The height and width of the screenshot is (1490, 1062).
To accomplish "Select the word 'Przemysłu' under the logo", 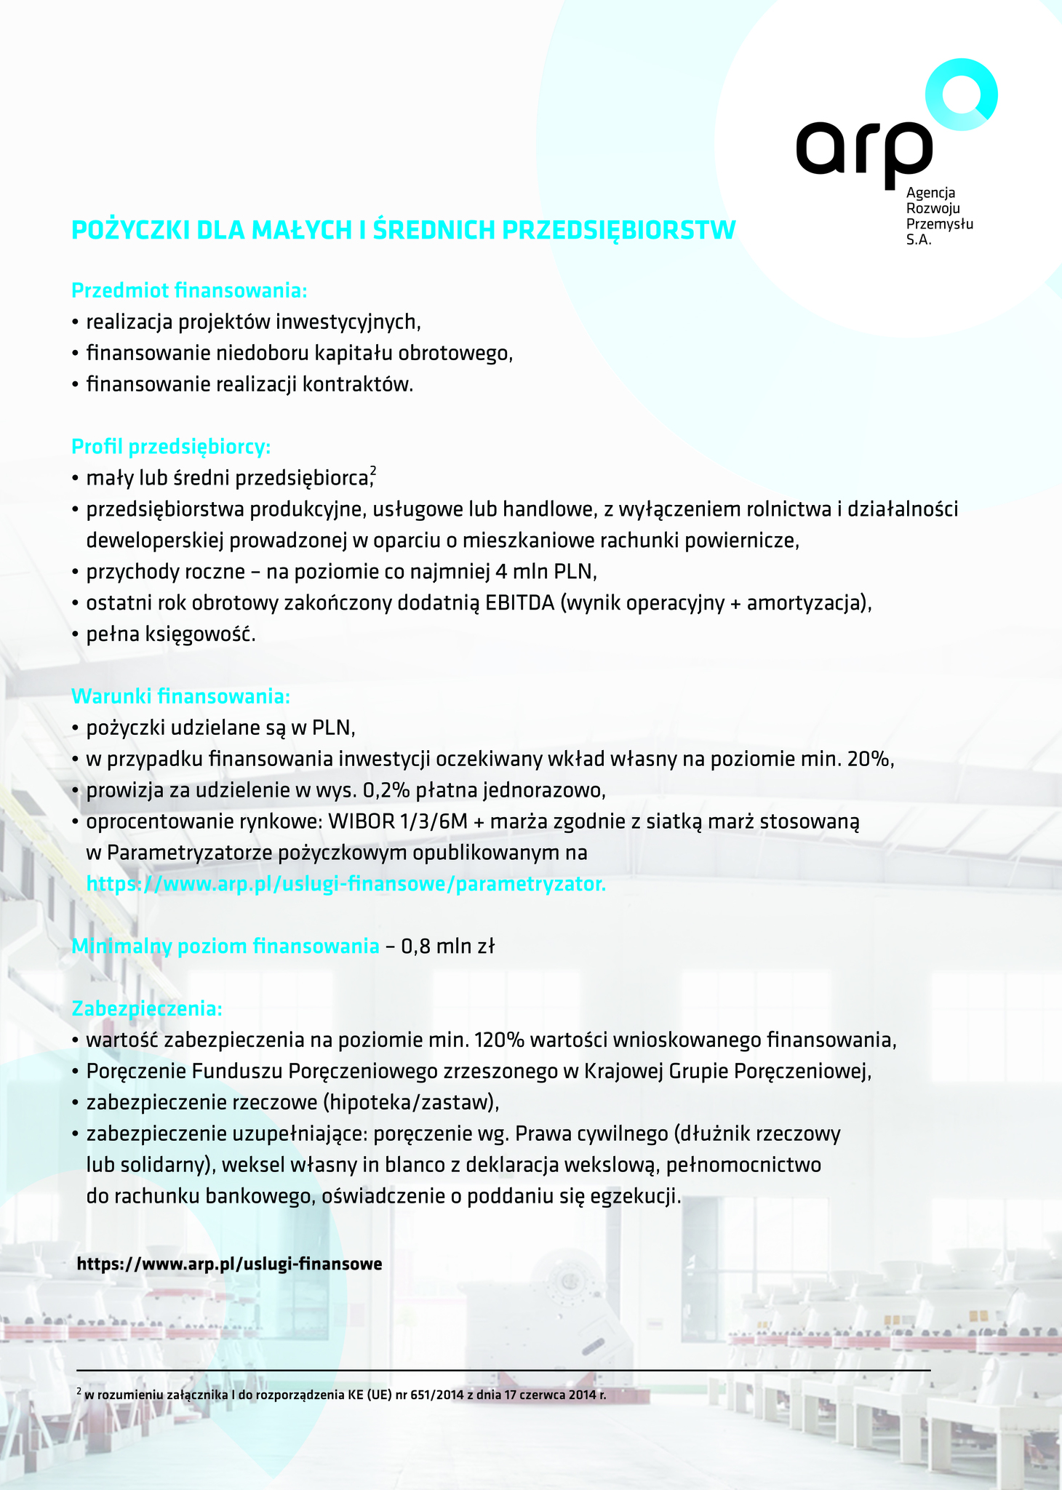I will point(939,224).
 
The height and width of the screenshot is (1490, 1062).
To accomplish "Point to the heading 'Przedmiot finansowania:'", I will point(189,291).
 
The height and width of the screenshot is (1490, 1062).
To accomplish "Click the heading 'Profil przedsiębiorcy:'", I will point(171,446).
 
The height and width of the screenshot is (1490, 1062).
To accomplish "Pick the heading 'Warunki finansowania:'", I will point(180,696).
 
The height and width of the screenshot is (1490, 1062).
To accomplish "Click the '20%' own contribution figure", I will point(869,759).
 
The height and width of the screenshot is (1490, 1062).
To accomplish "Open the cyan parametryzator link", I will point(346,885).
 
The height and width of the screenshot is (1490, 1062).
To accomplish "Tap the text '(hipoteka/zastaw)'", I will point(410,1103).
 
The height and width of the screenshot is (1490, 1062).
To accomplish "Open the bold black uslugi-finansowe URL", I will point(229,1264).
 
